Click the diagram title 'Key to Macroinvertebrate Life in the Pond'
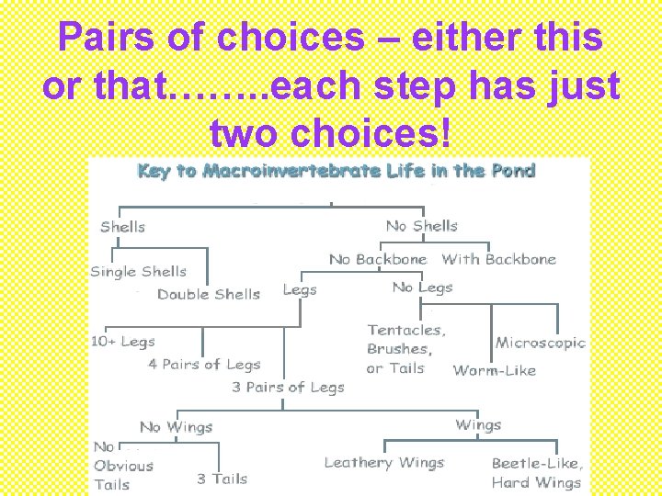point(336,171)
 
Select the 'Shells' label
point(122,227)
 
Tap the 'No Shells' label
point(421,226)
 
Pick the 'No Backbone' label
point(378,260)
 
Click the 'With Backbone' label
point(498,260)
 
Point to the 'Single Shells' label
point(138,272)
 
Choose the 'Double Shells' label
point(208,295)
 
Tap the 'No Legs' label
point(422,287)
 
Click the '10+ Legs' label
point(122,342)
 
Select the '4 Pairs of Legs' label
point(204,365)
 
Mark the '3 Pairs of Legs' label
point(288,388)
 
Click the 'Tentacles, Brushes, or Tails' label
point(405,349)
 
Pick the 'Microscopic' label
point(540,343)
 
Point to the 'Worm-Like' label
point(494,371)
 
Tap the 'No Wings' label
point(176,427)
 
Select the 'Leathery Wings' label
point(383,463)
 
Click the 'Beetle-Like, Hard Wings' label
point(537,473)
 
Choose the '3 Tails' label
point(222,479)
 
